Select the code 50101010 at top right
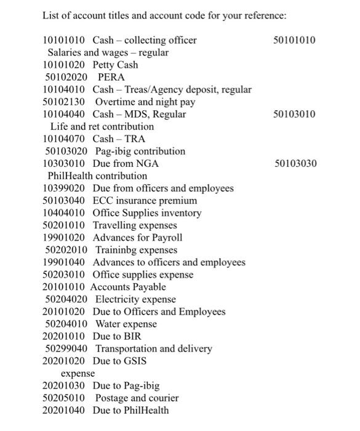(294, 41)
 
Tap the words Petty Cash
(116, 65)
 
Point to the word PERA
(111, 78)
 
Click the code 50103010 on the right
(294, 115)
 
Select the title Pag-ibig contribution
(140, 151)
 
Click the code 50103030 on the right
(294, 164)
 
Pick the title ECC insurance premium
(145, 201)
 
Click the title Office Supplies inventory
(147, 213)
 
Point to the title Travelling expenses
(135, 225)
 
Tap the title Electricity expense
(135, 299)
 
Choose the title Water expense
(126, 324)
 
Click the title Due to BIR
(117, 336)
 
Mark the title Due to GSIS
(119, 361)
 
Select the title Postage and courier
(137, 398)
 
